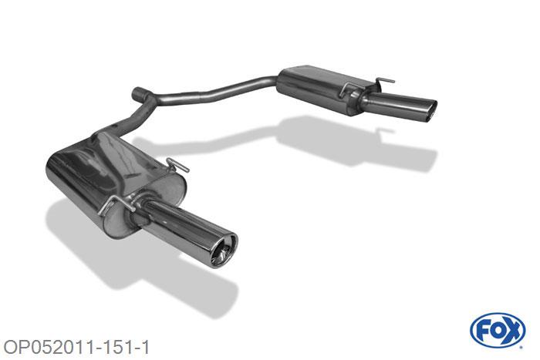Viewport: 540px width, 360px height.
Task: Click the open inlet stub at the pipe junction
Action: pyautogui.click(x=139, y=93)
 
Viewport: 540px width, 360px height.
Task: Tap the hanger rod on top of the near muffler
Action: pyautogui.click(x=177, y=164)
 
